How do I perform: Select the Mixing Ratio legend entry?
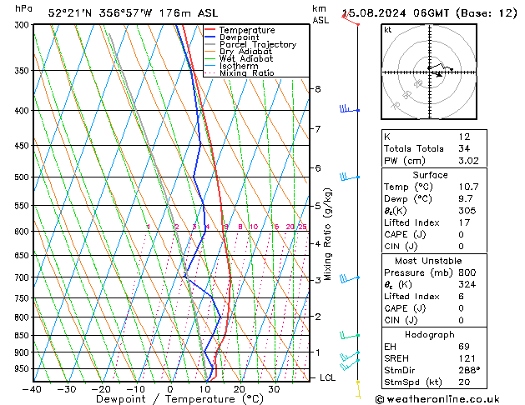(246, 73)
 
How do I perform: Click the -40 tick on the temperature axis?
(33, 389)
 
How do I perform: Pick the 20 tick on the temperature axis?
(239, 389)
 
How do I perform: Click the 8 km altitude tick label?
(317, 89)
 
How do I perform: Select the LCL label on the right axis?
(329, 377)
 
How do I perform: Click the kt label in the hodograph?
(388, 30)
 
